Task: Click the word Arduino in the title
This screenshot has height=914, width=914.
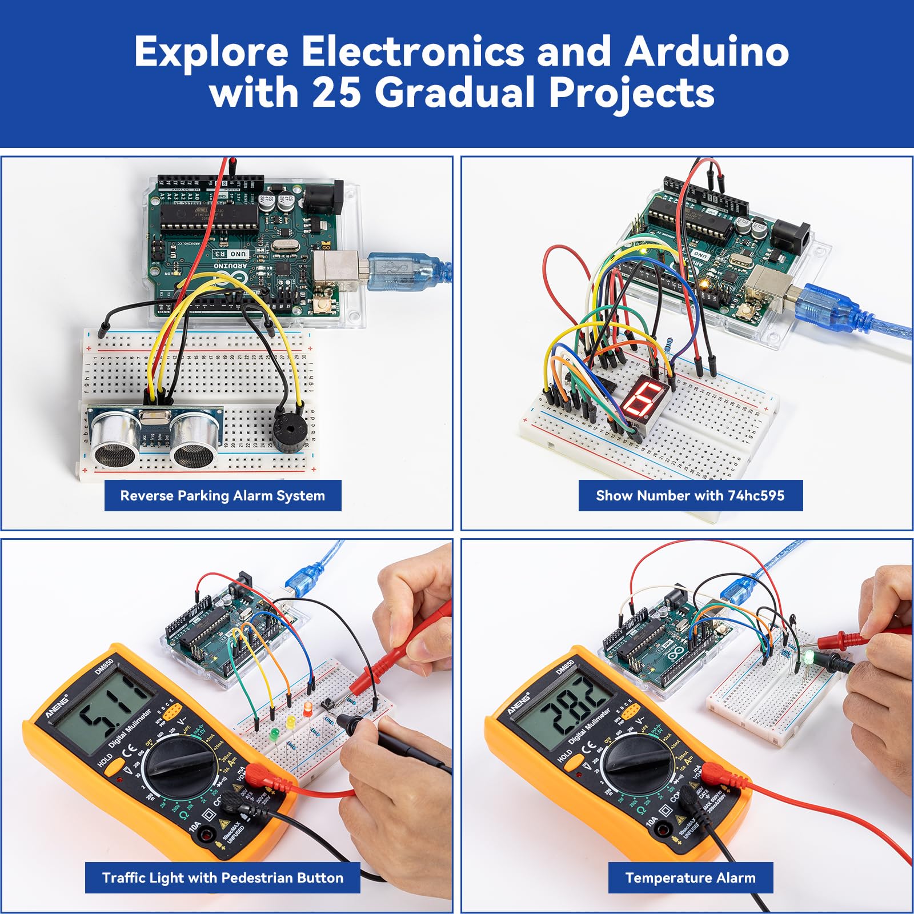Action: (707, 51)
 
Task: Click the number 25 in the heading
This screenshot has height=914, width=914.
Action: (336, 93)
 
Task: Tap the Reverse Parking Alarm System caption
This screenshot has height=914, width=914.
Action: (223, 495)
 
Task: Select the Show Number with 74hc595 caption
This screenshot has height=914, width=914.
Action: (690, 495)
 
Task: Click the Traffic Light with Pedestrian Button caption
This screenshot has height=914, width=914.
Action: (223, 877)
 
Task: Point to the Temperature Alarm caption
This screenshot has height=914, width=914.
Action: (690, 877)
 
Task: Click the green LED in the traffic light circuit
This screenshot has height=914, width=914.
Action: (274, 733)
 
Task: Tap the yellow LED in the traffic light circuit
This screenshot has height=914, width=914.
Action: (291, 721)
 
